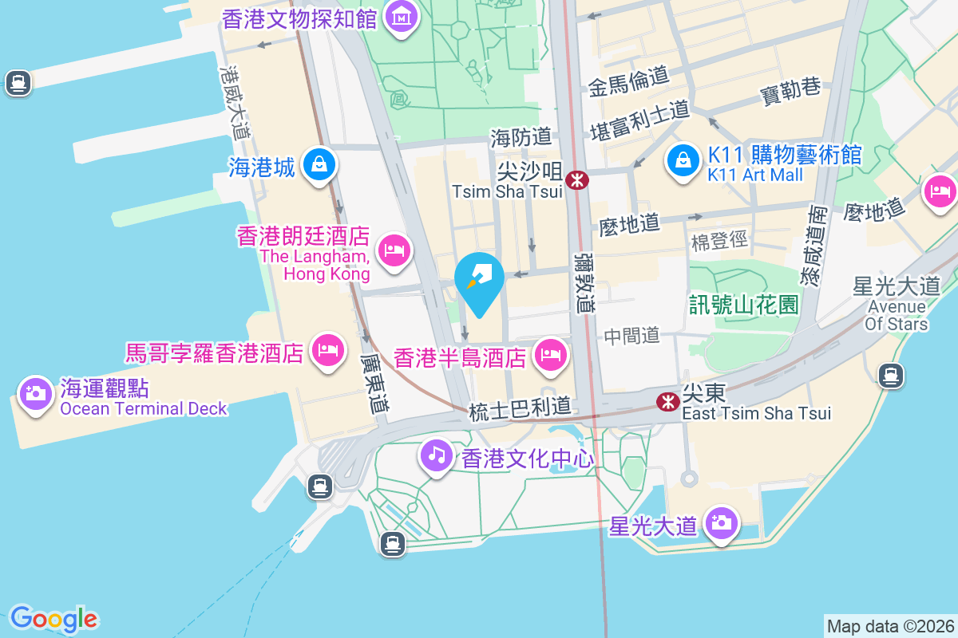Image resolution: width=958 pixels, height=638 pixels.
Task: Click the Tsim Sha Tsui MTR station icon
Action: (x=576, y=180)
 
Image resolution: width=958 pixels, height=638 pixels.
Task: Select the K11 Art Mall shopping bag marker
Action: (x=683, y=161)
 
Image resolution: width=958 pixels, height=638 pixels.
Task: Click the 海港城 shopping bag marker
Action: (x=319, y=165)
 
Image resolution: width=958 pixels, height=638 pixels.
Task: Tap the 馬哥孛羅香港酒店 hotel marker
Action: (x=328, y=349)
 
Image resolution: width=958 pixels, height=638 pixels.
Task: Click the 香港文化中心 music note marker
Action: (x=436, y=455)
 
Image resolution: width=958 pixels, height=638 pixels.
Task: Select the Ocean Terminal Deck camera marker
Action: (x=34, y=394)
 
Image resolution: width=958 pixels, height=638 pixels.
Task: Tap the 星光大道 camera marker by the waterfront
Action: (x=722, y=523)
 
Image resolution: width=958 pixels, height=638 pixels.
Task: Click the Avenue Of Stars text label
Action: (x=897, y=315)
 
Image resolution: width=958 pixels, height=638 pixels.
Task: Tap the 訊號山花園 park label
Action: (x=745, y=304)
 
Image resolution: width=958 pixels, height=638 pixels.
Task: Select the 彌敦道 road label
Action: (x=585, y=282)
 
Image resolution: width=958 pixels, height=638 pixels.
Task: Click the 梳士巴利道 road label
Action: (x=521, y=410)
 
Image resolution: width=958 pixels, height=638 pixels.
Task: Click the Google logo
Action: (x=53, y=618)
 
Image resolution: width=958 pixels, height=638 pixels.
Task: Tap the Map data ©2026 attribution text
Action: (x=889, y=627)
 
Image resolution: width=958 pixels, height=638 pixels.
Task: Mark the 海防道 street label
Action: (x=521, y=137)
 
